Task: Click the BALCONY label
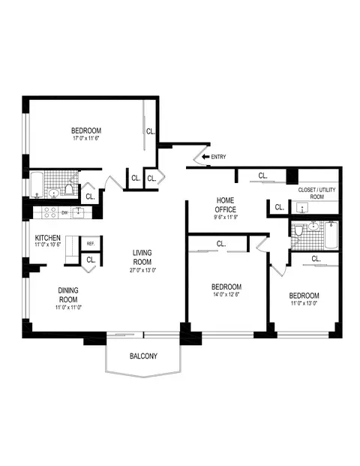coord(143,356)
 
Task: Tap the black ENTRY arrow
coord(205,157)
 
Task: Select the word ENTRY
coord(219,157)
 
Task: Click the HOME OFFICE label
coord(225,205)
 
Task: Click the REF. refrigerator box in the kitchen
coord(90,243)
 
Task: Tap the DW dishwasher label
coord(64,212)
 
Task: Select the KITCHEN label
coord(47,239)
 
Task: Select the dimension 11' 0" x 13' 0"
coord(304,305)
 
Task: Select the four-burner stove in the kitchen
coord(50,212)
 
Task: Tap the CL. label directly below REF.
coord(90,260)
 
